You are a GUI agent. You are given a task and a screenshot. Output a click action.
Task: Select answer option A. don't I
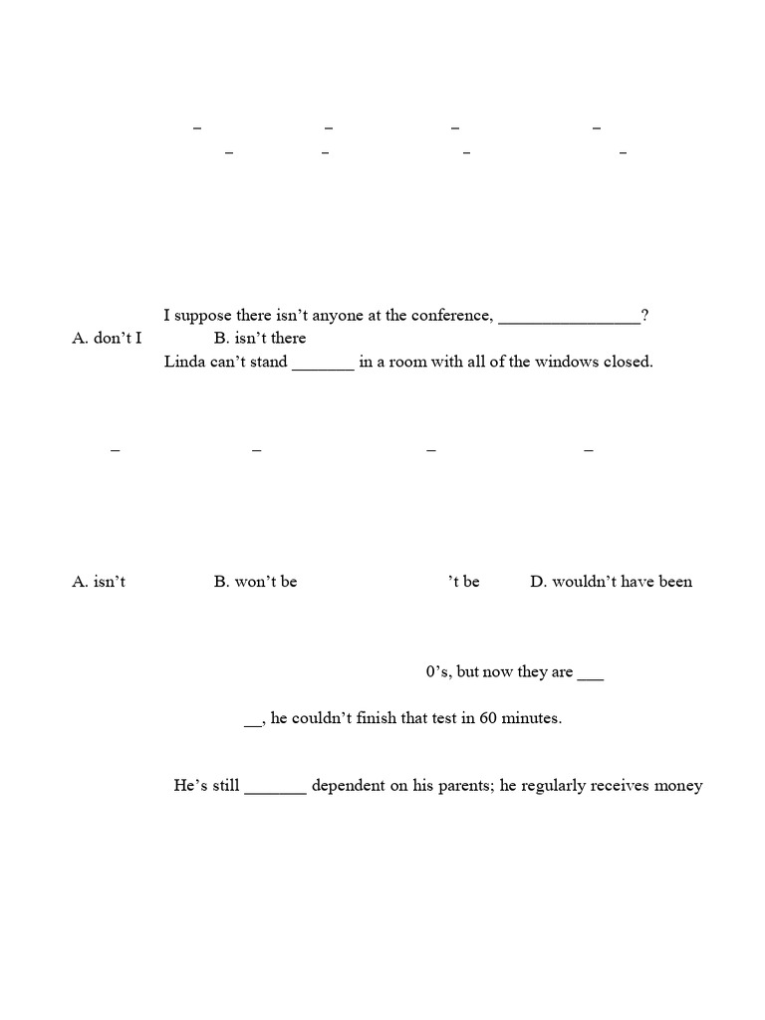click(x=107, y=339)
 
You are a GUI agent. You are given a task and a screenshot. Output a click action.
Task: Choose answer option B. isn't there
click(x=260, y=339)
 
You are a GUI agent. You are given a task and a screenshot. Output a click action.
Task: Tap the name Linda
click(x=183, y=362)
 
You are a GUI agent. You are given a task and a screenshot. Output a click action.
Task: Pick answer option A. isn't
click(x=99, y=582)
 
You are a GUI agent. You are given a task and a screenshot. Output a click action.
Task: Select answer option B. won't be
click(x=255, y=582)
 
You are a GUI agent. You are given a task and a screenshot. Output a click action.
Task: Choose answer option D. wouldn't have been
click(x=611, y=582)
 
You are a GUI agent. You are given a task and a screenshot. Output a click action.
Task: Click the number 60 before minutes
click(x=488, y=718)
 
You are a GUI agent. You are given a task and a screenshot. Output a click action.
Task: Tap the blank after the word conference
click(x=569, y=319)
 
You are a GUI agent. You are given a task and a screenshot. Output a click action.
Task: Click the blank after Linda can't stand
click(x=323, y=365)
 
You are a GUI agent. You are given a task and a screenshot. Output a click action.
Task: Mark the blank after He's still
click(x=275, y=789)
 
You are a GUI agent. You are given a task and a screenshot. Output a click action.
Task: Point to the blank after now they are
click(x=591, y=675)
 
